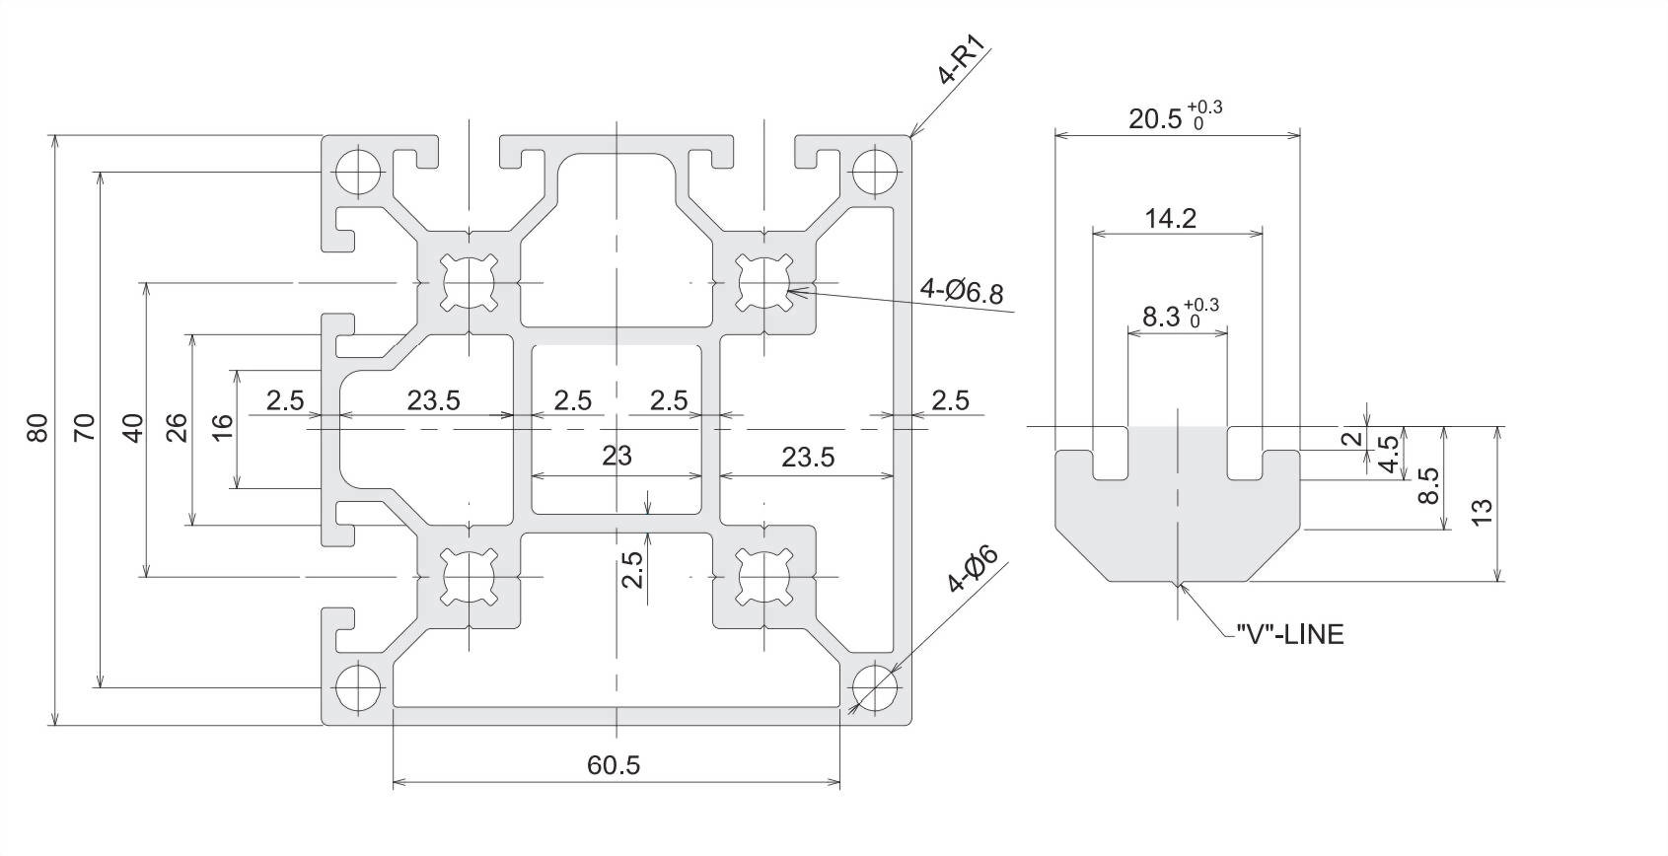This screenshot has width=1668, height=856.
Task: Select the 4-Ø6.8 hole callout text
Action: [962, 290]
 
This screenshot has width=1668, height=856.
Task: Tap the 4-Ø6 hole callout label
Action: [972, 569]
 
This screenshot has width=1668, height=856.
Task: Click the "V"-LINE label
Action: [1290, 634]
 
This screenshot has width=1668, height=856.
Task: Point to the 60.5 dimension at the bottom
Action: [613, 764]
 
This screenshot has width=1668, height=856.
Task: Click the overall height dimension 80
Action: [37, 427]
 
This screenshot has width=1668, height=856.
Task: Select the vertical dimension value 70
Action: [85, 427]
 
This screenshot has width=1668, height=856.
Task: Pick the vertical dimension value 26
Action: [177, 428]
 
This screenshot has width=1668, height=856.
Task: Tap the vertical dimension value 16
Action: [223, 428]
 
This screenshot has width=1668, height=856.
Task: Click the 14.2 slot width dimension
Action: [1171, 219]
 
